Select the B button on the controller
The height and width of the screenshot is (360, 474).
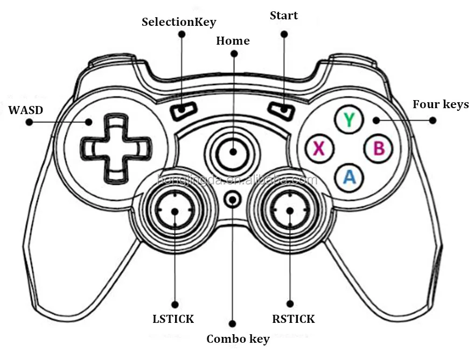tap(379, 148)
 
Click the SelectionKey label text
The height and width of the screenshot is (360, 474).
tap(178, 22)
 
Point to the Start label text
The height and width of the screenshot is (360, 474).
tap(284, 16)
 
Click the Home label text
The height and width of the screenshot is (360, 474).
tap(233, 41)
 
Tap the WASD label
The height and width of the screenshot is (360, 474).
tap(26, 110)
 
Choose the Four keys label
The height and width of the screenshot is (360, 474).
tap(440, 104)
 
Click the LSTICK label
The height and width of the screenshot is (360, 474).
tap(173, 319)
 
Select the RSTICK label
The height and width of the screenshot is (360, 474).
tap(293, 319)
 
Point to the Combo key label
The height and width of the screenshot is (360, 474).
tap(238, 339)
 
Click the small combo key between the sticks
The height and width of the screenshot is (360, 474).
tap(233, 199)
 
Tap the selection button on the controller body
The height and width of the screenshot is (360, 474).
tap(183, 110)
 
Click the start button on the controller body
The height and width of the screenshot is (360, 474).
tap(281, 110)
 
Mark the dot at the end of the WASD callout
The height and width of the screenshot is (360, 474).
tap(30, 122)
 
